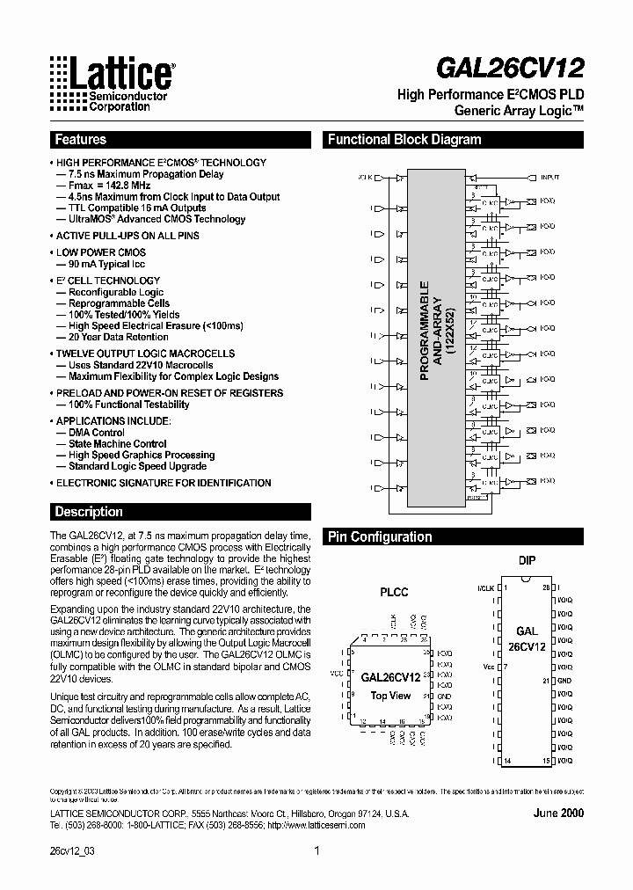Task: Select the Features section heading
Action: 81,140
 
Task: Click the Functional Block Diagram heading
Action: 404,140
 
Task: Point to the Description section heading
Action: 89,512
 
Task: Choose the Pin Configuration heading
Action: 380,537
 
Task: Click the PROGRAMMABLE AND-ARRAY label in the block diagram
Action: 437,331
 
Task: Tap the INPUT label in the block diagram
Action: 549,178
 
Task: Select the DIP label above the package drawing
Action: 527,560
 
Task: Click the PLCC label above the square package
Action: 393,592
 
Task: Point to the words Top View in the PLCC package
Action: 390,696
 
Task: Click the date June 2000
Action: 558,813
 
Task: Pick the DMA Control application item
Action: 97,433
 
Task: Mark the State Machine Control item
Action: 118,444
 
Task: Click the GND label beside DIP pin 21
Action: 564,681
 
